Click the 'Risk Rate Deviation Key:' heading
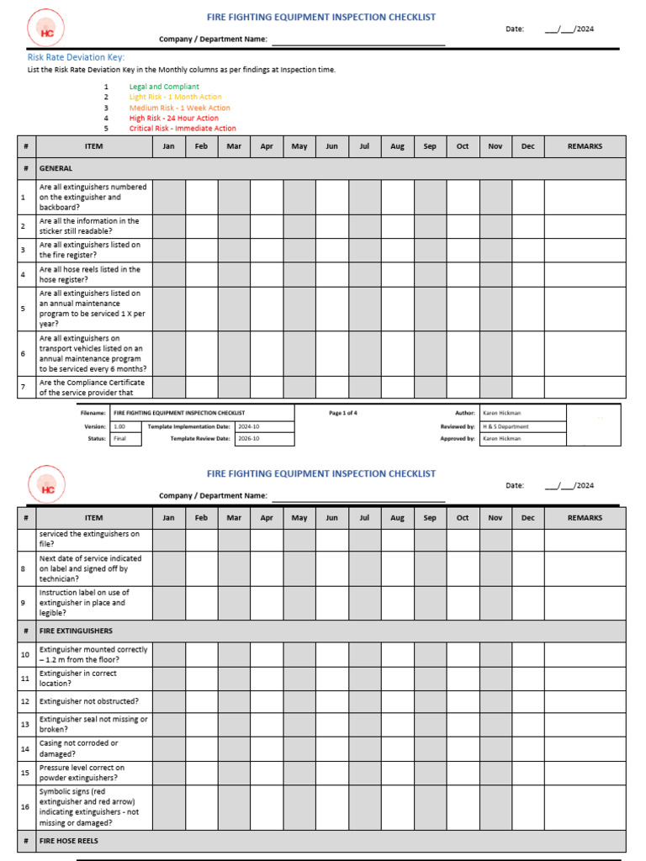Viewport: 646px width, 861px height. [76, 57]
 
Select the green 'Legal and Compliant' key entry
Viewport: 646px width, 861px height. [164, 87]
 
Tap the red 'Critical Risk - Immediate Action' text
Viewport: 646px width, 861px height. [183, 129]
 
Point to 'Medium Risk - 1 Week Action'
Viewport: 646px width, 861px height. [179, 108]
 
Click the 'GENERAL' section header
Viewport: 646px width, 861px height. [56, 168]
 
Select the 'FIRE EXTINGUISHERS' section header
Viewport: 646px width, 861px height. [76, 631]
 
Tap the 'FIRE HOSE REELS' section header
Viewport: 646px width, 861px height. [69, 841]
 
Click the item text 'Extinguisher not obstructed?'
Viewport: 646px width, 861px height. [89, 701]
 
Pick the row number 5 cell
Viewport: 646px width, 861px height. [24, 309]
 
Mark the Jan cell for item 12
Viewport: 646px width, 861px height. [168, 701]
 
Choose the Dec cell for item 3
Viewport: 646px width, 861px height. [527, 250]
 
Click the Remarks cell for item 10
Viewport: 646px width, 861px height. [585, 654]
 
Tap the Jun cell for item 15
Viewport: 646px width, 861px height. [331, 773]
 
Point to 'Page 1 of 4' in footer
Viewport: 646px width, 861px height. [343, 413]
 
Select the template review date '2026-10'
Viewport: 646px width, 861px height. [249, 438]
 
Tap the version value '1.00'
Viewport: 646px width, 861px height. [119, 426]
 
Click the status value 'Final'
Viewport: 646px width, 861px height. [119, 438]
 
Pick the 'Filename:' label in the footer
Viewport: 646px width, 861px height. [93, 413]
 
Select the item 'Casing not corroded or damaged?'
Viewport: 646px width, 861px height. [79, 748]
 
